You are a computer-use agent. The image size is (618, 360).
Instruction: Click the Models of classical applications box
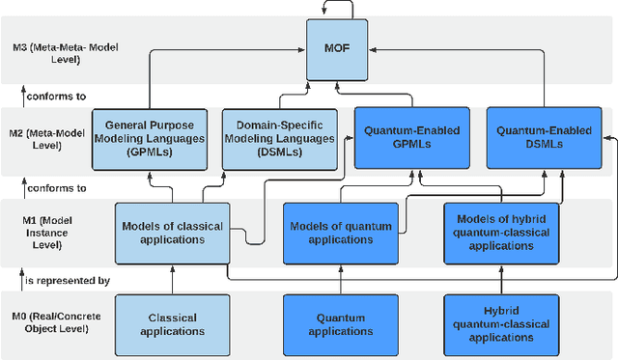coord(173,233)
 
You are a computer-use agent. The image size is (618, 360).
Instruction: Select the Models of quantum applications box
coord(341,233)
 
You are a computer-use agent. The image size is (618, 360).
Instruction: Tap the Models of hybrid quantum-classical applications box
coord(500,233)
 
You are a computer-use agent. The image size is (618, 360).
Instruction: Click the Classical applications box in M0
coord(173,323)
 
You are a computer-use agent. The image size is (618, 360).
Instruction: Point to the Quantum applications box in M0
coord(341,323)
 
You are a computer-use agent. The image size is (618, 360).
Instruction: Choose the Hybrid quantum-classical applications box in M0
coord(500,323)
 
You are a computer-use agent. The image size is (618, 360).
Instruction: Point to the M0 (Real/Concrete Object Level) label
coord(54,323)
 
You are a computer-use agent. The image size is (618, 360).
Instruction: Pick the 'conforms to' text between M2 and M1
coord(56,188)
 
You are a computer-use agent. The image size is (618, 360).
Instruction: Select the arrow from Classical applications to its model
coord(173,283)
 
